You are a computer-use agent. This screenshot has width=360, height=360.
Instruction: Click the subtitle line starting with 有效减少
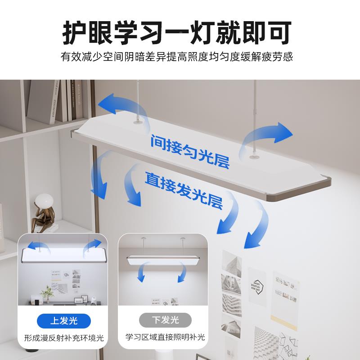point(180,58)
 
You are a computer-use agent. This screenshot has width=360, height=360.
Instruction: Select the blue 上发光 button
point(63,320)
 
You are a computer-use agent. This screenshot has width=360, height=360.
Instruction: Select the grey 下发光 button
point(165,320)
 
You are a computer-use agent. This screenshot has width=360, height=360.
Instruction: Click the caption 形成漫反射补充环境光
point(63,337)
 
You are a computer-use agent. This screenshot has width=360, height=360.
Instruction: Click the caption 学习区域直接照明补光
point(165,337)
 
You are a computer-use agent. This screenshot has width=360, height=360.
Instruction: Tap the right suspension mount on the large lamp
point(254,156)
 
